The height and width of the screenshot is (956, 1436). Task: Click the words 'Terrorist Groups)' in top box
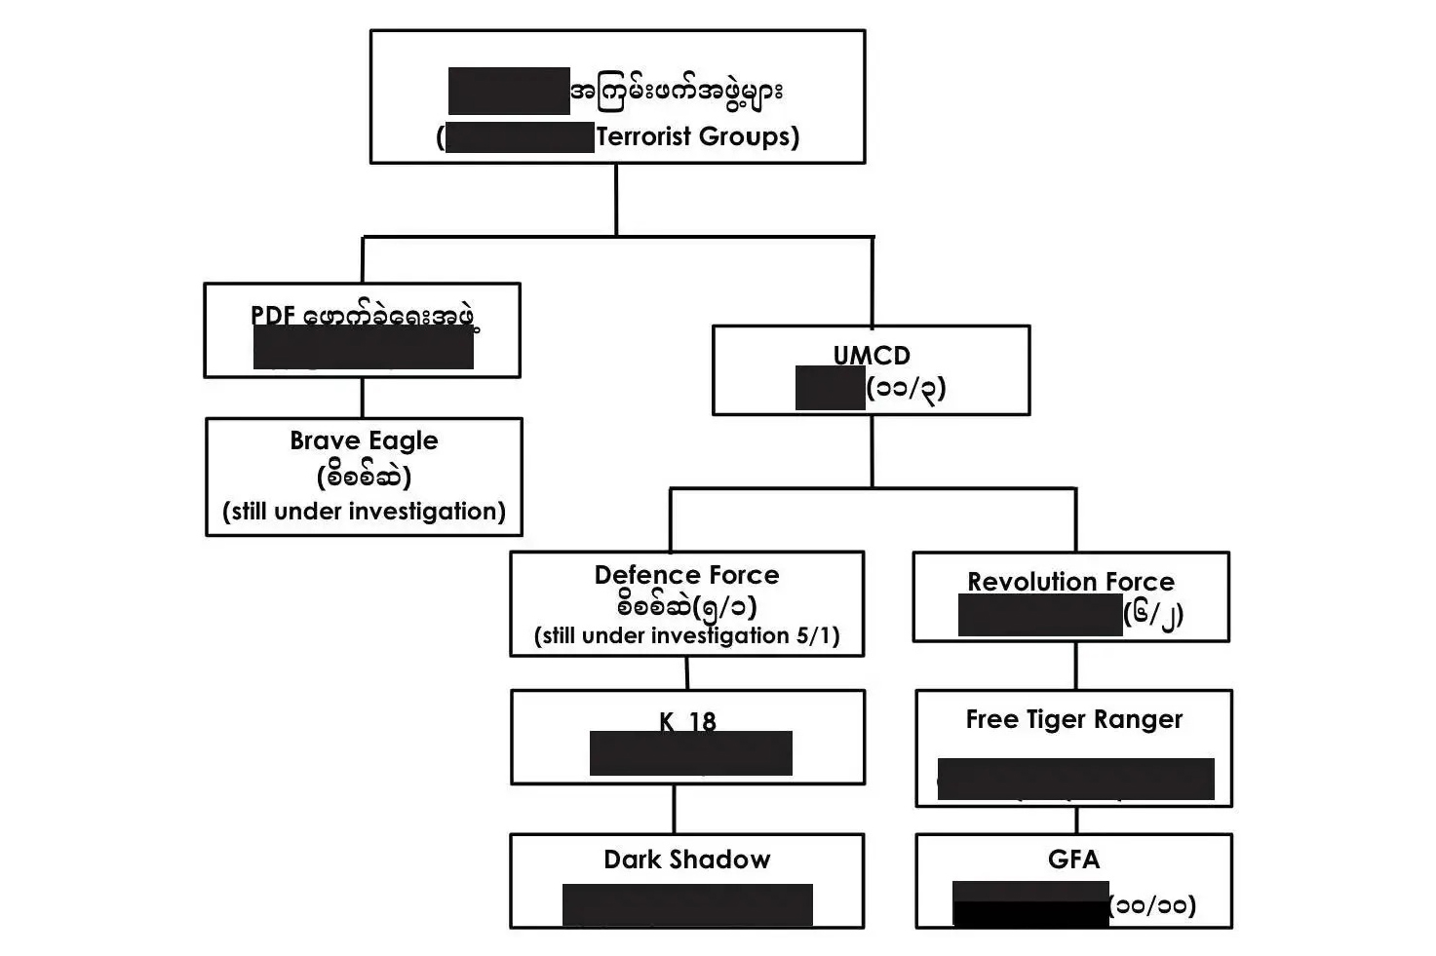pyautogui.click(x=697, y=136)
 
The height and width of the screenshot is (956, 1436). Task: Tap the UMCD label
pyautogui.click(x=872, y=355)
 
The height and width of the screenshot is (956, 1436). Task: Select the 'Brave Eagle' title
pyautogui.click(x=364, y=440)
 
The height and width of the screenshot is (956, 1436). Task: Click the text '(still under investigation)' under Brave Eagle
pyautogui.click(x=364, y=512)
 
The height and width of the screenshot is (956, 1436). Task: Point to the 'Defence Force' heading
pyautogui.click(x=686, y=575)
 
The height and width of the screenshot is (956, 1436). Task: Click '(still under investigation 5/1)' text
pyautogui.click(x=686, y=636)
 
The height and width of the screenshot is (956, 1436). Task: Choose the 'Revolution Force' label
pyautogui.click(x=1070, y=582)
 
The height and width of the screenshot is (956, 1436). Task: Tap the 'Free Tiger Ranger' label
pyautogui.click(x=1073, y=719)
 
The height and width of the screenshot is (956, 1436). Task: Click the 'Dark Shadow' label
pyautogui.click(x=686, y=860)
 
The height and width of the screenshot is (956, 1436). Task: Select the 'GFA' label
pyautogui.click(x=1073, y=860)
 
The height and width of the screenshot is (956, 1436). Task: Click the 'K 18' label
pyautogui.click(x=686, y=721)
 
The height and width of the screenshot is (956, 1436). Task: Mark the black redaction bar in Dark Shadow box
pyautogui.click(x=687, y=904)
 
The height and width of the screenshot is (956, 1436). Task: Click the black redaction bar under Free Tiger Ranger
pyautogui.click(x=1075, y=779)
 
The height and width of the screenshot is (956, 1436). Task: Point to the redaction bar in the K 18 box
pyautogui.click(x=690, y=753)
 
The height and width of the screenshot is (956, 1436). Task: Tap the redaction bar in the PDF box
pyautogui.click(x=363, y=348)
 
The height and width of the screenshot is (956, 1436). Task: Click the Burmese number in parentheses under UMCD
pyautogui.click(x=906, y=389)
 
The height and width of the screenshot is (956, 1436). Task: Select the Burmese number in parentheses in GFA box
pyautogui.click(x=1152, y=905)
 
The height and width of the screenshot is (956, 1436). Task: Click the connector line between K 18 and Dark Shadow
pyautogui.click(x=674, y=809)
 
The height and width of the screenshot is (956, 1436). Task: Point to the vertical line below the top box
pyautogui.click(x=616, y=199)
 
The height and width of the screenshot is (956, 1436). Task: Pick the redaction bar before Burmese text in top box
pyautogui.click(x=509, y=92)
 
